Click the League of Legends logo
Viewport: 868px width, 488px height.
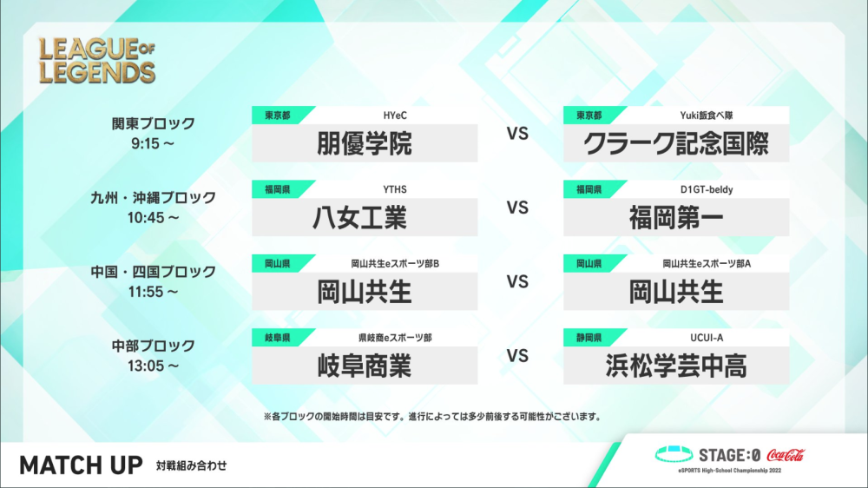click(97, 61)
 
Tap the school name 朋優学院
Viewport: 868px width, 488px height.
click(365, 143)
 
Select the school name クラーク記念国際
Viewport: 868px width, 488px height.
click(676, 143)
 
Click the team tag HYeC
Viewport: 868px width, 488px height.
click(395, 115)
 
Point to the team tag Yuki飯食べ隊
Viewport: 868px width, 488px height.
click(707, 115)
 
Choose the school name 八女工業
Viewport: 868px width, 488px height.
click(360, 218)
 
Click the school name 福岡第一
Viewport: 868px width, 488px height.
click(676, 218)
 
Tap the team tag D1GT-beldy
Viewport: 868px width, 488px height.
click(707, 189)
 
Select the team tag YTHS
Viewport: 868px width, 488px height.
click(395, 189)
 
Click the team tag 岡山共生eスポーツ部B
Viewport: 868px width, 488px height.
click(395, 264)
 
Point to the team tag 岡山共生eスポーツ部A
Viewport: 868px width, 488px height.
click(707, 264)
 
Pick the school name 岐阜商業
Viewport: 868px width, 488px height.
click(365, 366)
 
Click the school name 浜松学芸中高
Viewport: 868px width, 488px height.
click(676, 366)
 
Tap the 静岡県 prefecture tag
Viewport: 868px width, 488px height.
click(589, 337)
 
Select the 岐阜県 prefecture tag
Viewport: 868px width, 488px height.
click(278, 337)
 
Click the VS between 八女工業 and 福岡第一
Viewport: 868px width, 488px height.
click(517, 208)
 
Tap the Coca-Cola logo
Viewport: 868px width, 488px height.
click(786, 455)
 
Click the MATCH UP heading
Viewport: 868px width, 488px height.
click(81, 465)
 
